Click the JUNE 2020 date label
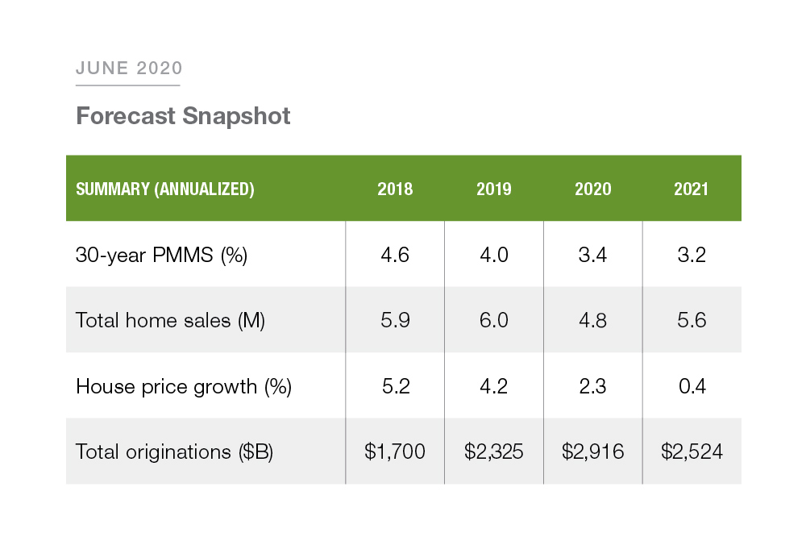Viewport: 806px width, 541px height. [129, 68]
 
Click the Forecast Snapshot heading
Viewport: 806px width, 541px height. [183, 116]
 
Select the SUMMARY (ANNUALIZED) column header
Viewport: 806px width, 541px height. [165, 189]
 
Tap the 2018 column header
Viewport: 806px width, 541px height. [395, 189]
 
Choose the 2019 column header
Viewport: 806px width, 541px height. [493, 189]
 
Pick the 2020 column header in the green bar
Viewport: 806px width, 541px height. [592, 189]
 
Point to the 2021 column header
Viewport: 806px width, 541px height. [691, 189]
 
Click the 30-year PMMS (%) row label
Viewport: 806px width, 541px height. [161, 255]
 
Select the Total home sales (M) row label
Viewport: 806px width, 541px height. [170, 320]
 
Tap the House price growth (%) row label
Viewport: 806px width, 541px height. [184, 386]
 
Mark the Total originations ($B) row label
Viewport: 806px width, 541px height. [174, 452]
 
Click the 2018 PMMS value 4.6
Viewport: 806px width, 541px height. [395, 255]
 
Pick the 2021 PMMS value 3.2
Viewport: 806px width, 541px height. [692, 255]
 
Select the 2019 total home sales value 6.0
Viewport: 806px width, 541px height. [493, 320]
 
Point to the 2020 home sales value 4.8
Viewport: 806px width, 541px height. [592, 320]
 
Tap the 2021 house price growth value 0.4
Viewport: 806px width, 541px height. [692, 386]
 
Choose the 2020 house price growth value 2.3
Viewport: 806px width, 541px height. [592, 386]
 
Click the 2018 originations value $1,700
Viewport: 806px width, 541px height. [395, 452]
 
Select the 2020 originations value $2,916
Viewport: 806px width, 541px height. [592, 452]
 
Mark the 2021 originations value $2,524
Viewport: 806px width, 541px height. [692, 452]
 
